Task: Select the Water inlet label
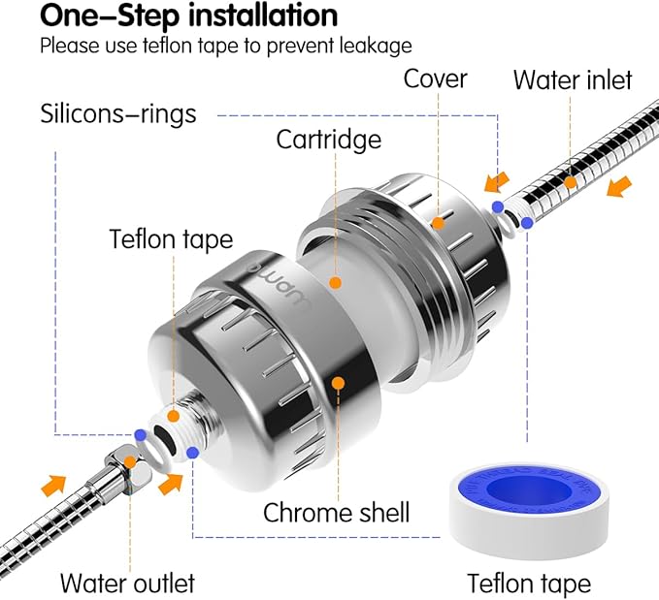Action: tap(572, 79)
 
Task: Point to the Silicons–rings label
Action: tap(117, 113)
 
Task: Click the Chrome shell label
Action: tap(336, 511)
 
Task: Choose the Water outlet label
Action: tap(126, 583)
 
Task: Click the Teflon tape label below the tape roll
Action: tap(529, 583)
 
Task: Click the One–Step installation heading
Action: tap(189, 16)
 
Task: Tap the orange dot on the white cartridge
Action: tap(335, 283)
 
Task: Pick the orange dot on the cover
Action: tap(439, 222)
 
